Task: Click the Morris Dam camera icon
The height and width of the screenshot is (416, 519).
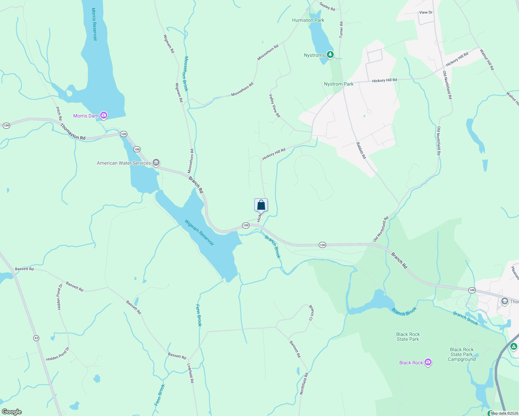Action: click(x=103, y=115)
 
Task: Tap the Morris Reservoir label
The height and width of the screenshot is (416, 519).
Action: click(x=94, y=24)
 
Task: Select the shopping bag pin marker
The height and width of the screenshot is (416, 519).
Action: click(x=261, y=205)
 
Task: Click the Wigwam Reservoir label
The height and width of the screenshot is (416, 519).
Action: click(x=199, y=232)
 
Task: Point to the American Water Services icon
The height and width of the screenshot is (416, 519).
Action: click(x=156, y=163)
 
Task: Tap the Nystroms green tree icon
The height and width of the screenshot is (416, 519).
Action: click(x=330, y=55)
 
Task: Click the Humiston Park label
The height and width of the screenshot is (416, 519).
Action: click(x=308, y=20)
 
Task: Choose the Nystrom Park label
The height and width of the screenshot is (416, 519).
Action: click(x=339, y=84)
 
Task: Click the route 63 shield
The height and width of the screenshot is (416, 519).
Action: click(x=36, y=338)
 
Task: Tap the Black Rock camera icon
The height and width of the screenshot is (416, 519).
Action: click(x=428, y=363)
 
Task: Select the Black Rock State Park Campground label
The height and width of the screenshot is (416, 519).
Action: click(x=461, y=354)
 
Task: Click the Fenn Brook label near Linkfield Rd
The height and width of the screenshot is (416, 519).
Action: click(x=199, y=315)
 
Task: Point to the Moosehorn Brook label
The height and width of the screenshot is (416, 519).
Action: click(x=186, y=74)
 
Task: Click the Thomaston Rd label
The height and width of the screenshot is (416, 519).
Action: click(x=73, y=132)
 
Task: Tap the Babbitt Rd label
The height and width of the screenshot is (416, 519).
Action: click(x=361, y=150)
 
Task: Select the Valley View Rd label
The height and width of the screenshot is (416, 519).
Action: click(x=274, y=106)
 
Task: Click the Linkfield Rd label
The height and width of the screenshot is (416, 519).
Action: click(x=190, y=373)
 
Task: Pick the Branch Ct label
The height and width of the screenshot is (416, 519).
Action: click(x=311, y=313)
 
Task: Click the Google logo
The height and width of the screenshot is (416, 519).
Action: click(x=12, y=411)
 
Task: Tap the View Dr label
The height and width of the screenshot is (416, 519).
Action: click(x=426, y=12)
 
